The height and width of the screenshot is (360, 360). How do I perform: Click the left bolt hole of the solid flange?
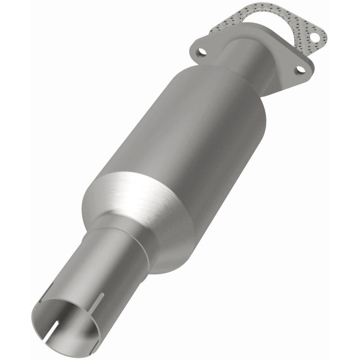pos(202,52)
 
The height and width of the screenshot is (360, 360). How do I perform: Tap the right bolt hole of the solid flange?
pos(298,70)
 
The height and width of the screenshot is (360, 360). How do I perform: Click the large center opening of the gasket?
pos(270,27)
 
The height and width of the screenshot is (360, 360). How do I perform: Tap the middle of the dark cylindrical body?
pos(189,135)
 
